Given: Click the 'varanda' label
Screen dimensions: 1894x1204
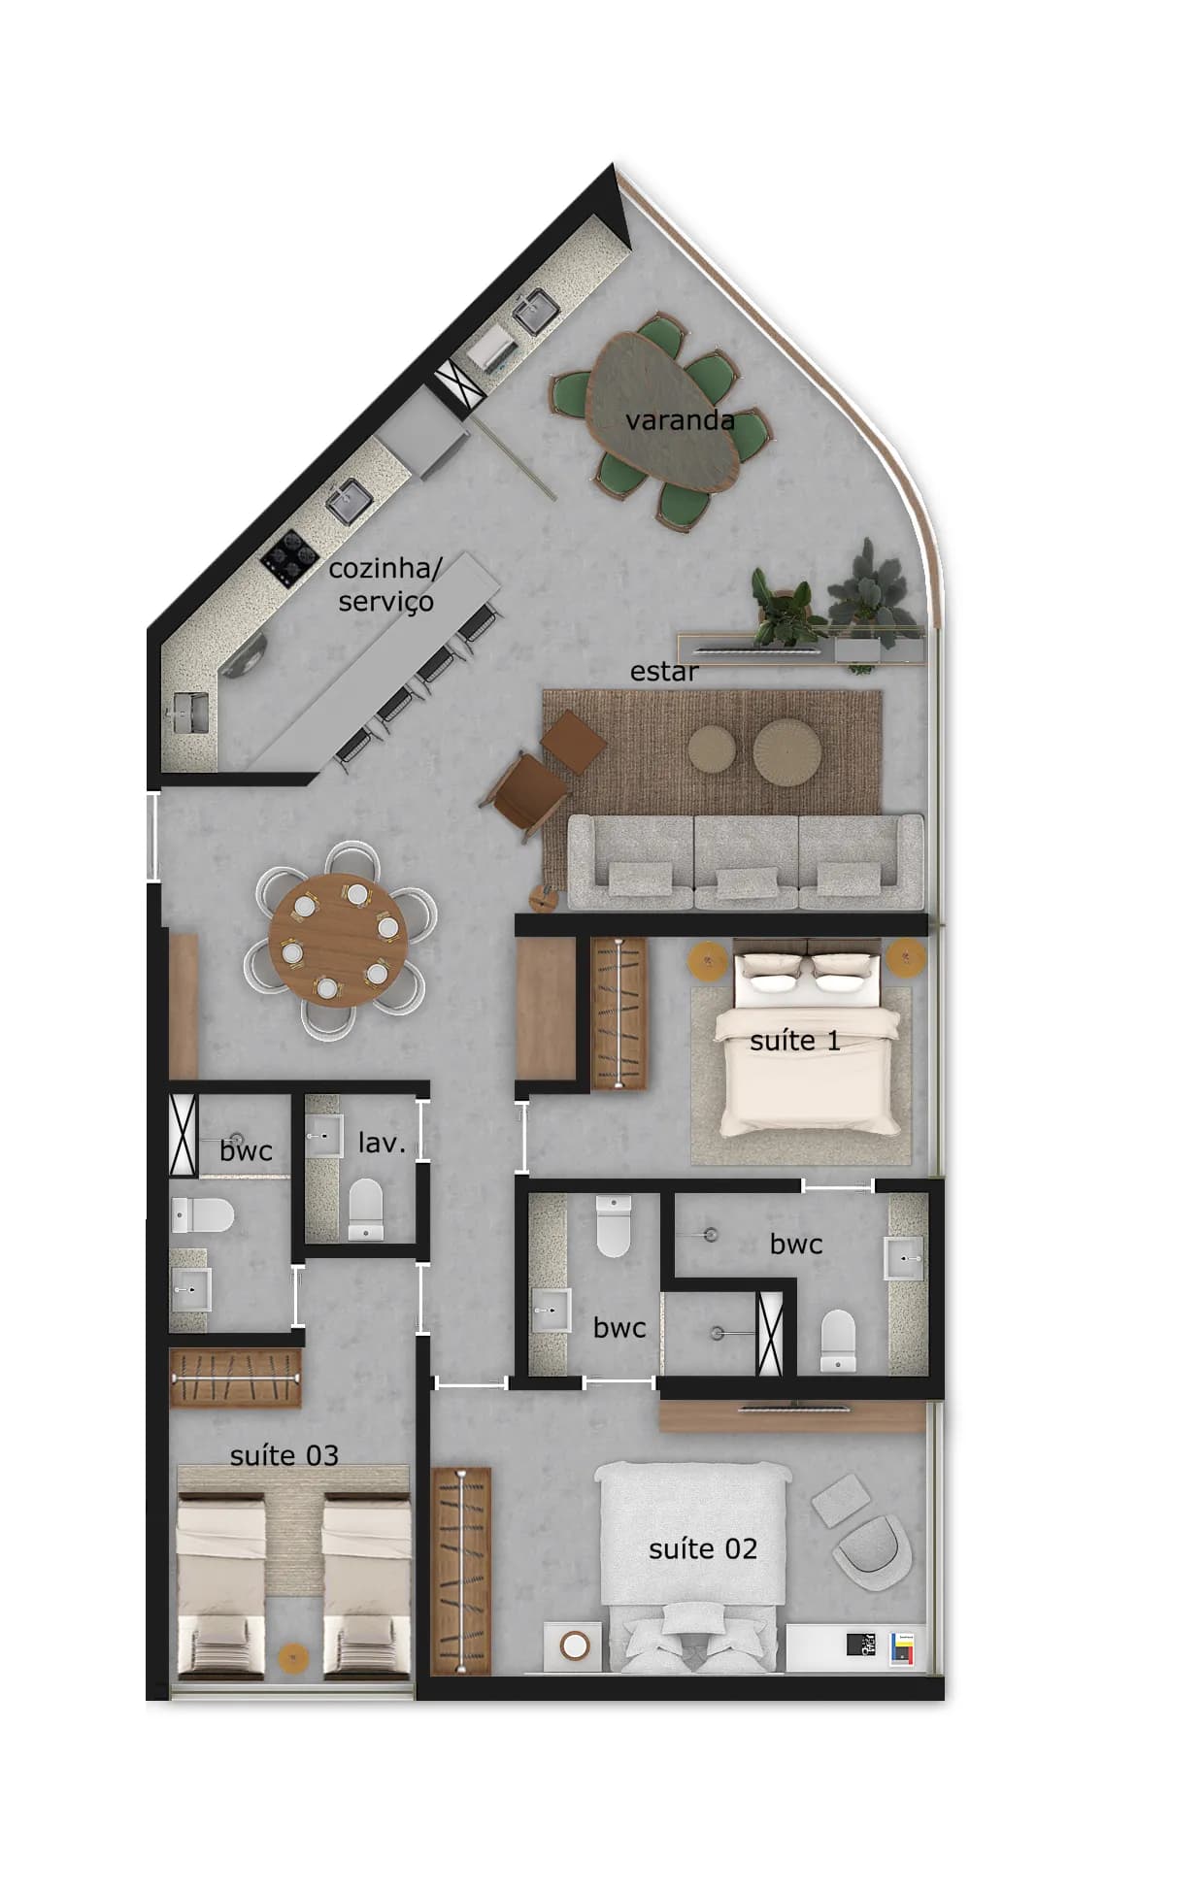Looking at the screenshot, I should click(x=680, y=420).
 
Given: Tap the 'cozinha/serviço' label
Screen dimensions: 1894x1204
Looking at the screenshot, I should click(x=385, y=584).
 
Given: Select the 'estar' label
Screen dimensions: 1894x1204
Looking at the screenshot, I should click(x=664, y=672).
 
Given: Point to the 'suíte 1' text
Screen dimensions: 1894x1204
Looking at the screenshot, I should click(x=794, y=1041).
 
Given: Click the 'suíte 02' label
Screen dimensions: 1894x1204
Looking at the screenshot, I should click(x=703, y=1548).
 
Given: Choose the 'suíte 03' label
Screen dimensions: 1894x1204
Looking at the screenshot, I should click(x=284, y=1455).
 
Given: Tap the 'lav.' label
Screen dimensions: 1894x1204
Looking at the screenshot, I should click(x=381, y=1143).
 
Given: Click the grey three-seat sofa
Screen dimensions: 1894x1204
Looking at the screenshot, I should click(x=745, y=862).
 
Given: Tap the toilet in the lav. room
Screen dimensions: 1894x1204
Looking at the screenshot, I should click(x=366, y=1209).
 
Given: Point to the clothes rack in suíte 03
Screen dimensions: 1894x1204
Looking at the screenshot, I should click(x=235, y=1377).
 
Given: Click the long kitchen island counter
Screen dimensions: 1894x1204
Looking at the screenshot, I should click(x=374, y=660).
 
